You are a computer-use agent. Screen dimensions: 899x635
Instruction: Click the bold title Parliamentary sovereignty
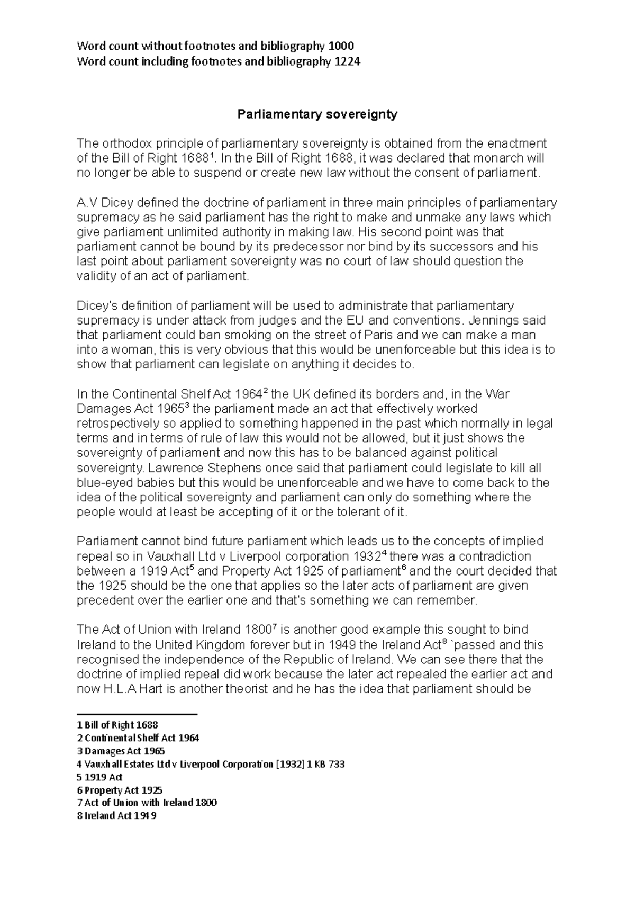pyautogui.click(x=317, y=114)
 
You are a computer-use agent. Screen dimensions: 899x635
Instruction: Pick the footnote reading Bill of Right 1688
pyautogui.click(x=117, y=725)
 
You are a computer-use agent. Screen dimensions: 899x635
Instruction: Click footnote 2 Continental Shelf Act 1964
pyautogui.click(x=138, y=738)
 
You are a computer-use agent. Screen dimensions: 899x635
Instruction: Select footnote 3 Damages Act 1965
pyautogui.click(x=121, y=751)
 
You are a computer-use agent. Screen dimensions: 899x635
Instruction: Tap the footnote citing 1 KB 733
pyautogui.click(x=211, y=764)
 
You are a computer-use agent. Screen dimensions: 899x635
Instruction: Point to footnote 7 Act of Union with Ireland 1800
pyautogui.click(x=147, y=803)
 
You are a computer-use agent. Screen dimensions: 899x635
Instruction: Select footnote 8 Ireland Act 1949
pyautogui.click(x=116, y=816)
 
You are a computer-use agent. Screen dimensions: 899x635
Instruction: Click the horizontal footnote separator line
pyautogui.click(x=137, y=715)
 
